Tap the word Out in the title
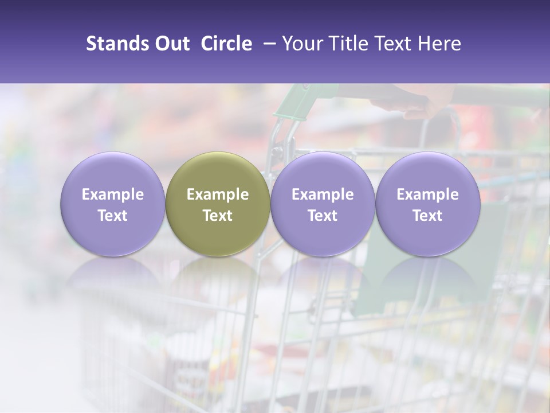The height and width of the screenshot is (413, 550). pyautogui.click(x=170, y=44)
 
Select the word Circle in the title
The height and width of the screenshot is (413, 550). pyautogui.click(x=226, y=44)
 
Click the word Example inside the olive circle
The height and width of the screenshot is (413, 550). pyautogui.click(x=218, y=194)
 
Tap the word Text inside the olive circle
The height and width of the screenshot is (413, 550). pyautogui.click(x=218, y=216)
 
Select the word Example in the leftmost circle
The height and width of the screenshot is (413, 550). pyautogui.click(x=113, y=194)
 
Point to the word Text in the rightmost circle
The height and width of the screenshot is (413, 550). pyautogui.click(x=427, y=216)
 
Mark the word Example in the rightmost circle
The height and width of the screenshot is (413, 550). pyautogui.click(x=427, y=194)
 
